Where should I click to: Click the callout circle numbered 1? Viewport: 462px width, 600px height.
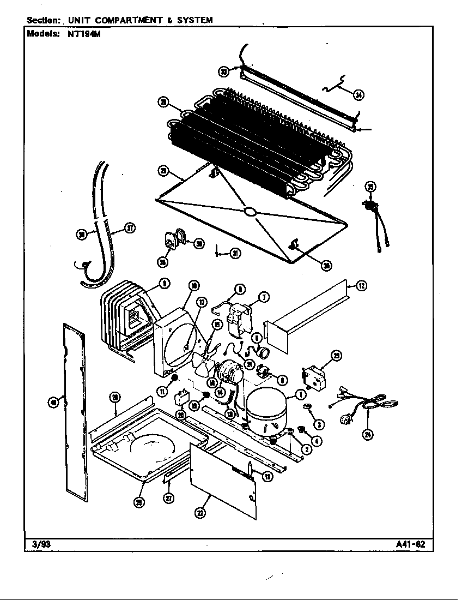[x=300, y=395]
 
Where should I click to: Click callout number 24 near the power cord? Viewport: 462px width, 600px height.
[x=368, y=435]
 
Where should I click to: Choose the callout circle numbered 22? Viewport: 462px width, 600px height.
[x=201, y=513]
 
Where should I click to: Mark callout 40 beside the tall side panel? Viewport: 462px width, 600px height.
[x=53, y=403]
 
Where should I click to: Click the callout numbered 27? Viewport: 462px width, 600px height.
[x=169, y=497]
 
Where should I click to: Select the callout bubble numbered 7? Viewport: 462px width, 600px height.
[x=264, y=297]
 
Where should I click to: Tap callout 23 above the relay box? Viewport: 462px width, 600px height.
[x=337, y=356]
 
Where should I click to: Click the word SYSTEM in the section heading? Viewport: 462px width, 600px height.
[x=193, y=20]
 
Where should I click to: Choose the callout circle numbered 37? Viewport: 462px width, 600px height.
[x=130, y=229]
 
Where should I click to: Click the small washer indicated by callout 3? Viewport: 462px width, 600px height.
[x=305, y=406]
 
